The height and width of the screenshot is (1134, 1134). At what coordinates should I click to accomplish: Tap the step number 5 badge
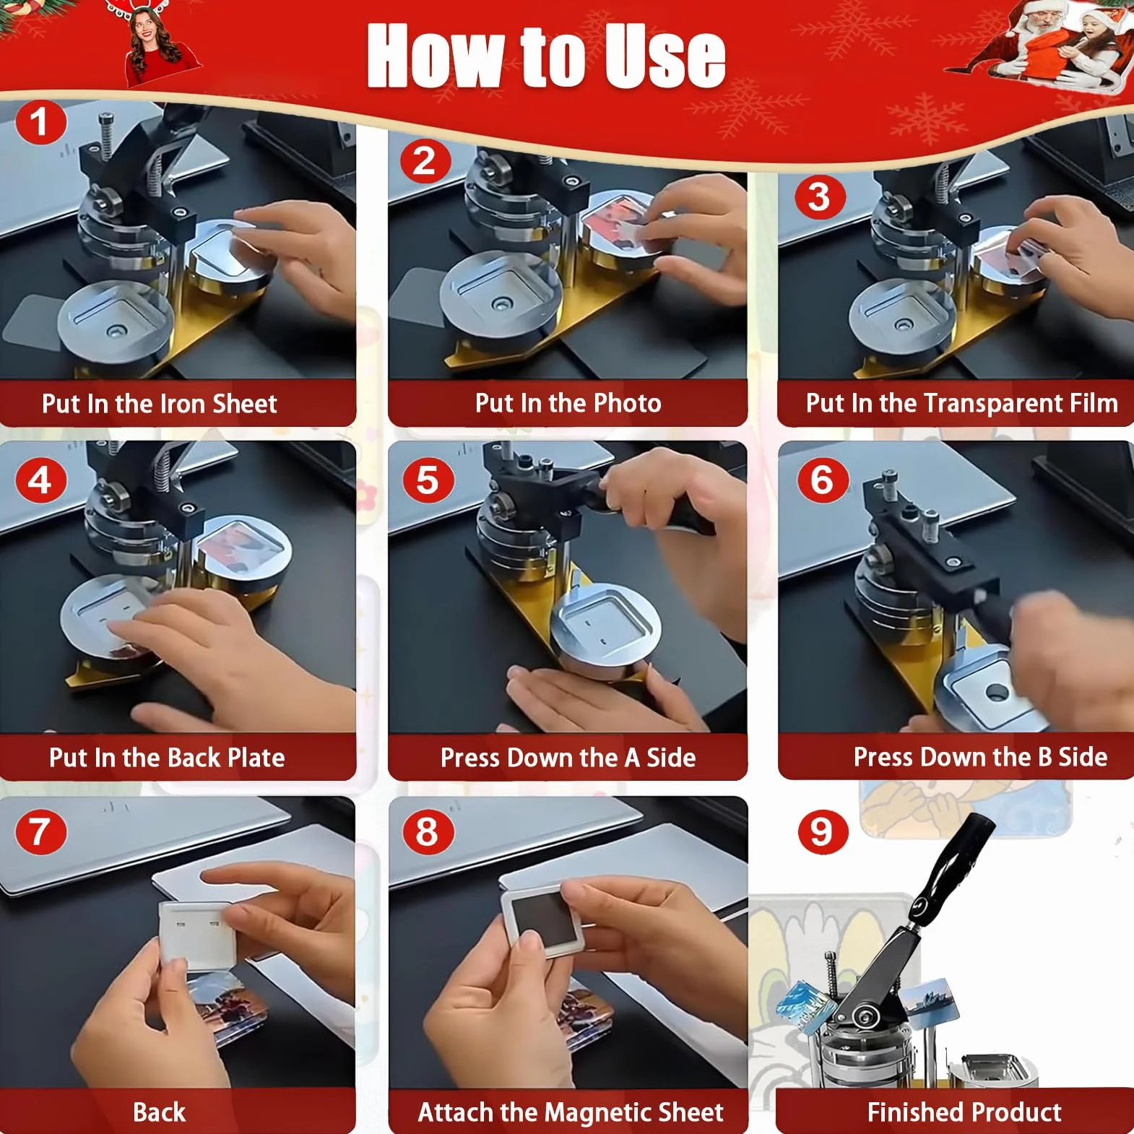click(428, 480)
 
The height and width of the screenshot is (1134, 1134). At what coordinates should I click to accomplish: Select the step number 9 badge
click(823, 831)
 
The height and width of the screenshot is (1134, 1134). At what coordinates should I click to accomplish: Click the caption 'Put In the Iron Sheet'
click(160, 403)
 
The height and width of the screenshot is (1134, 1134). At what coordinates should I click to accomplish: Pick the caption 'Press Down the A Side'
click(568, 757)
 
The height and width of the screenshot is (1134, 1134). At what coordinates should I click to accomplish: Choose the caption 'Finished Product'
click(964, 1112)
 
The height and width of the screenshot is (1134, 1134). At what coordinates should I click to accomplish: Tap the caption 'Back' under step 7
click(160, 1112)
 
